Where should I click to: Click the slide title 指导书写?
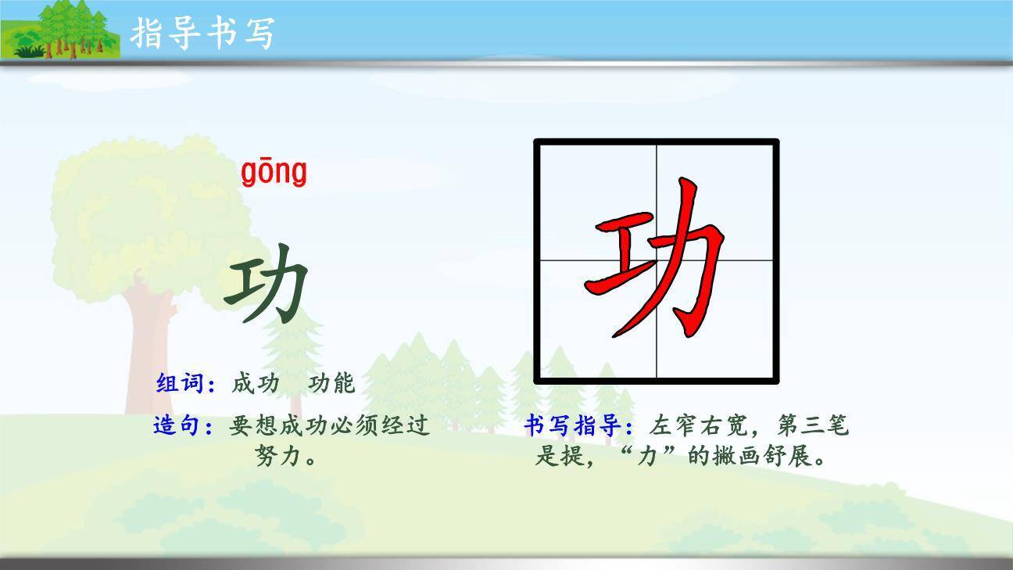202,32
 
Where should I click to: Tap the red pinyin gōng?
274,172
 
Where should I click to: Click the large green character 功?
267,283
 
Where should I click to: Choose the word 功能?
331,384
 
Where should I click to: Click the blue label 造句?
177,426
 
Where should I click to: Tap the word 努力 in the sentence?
277,456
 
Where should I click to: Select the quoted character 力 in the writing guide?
646,456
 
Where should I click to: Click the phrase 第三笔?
813,426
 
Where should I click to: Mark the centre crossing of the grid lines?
656,260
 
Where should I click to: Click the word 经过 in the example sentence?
407,426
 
